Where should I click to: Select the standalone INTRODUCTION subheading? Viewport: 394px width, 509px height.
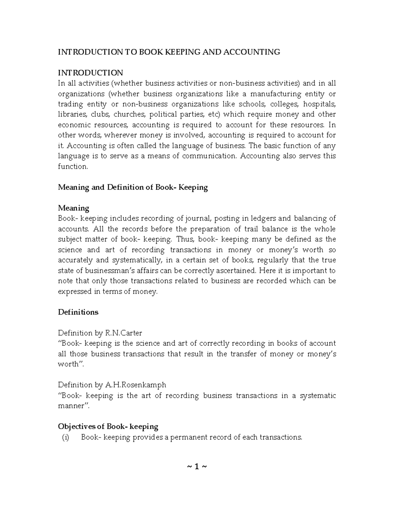pos(90,73)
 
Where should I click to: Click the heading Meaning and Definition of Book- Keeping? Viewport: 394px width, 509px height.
pos(133,187)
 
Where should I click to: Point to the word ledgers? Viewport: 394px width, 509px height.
pos(264,219)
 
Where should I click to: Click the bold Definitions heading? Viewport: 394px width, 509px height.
pos(78,312)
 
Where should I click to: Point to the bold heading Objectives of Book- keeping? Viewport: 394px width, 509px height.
pos(108,426)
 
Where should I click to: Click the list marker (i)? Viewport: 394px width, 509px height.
pos(66,437)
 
